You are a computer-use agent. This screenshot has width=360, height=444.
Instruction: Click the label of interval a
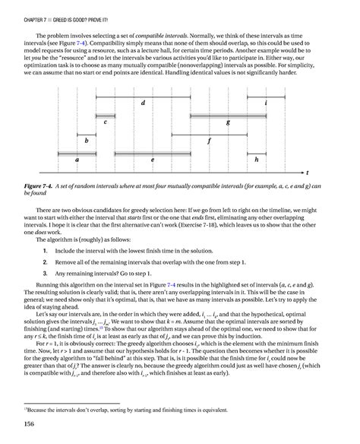(x=77, y=160)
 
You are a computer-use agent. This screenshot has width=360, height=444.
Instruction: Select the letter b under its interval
(x=87, y=141)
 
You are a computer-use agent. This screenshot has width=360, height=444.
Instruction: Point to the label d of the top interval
(x=143, y=102)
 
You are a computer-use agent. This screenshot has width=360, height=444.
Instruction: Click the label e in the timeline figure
(x=153, y=160)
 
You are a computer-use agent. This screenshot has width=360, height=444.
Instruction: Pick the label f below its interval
(x=209, y=141)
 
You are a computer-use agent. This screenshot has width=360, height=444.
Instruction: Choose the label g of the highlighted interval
(x=228, y=122)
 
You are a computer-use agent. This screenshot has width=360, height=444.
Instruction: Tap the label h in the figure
(x=257, y=160)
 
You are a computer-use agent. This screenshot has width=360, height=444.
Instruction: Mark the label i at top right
(x=286, y=102)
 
